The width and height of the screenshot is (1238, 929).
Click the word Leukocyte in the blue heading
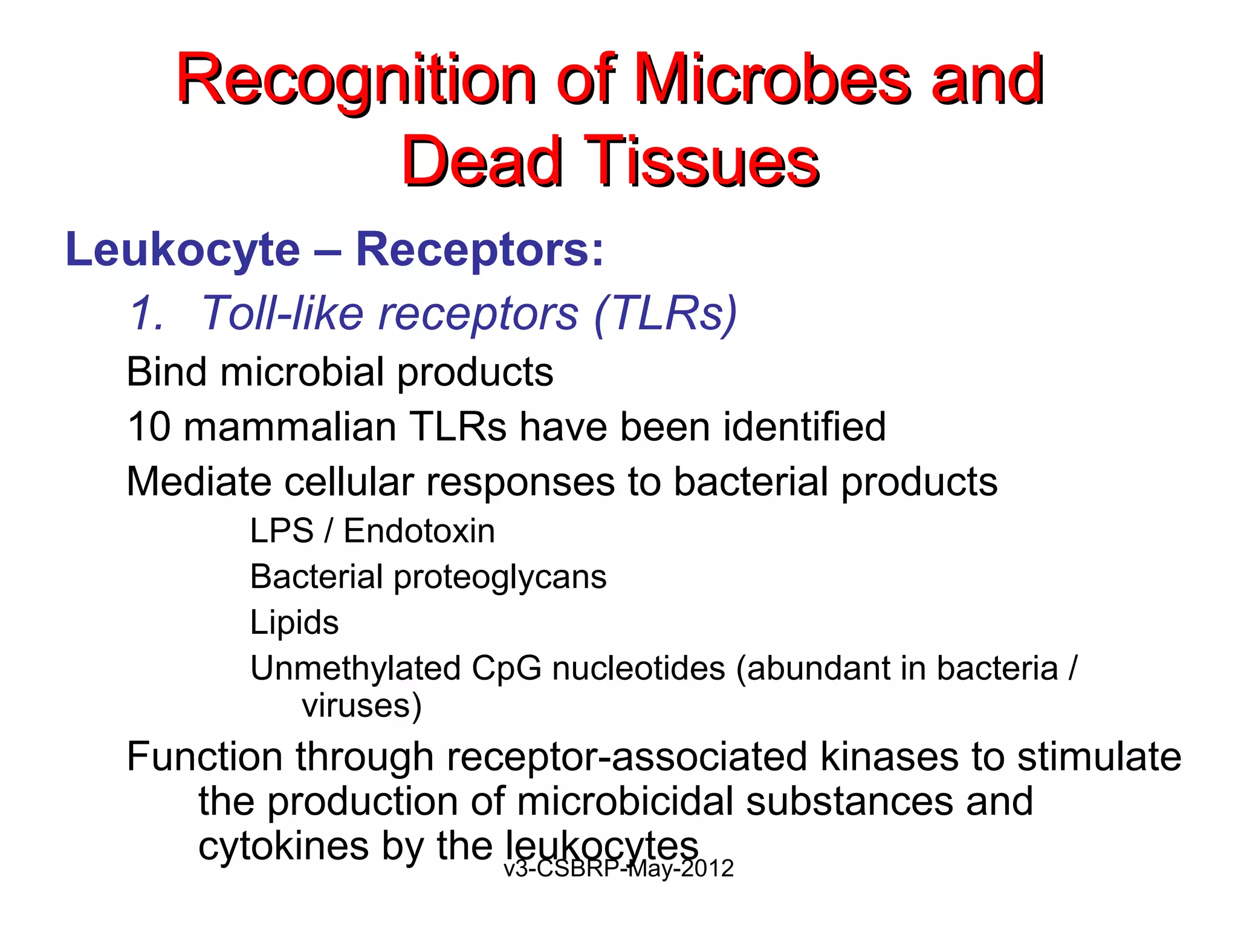click(x=183, y=250)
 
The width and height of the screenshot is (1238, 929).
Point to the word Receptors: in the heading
click(x=479, y=250)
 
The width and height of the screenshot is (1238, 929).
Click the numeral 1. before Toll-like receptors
click(x=147, y=313)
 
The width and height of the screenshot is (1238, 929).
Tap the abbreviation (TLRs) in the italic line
click(x=666, y=313)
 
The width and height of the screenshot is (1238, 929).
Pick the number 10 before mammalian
click(x=149, y=426)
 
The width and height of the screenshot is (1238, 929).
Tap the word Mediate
click(x=198, y=481)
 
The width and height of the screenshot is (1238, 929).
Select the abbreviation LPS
click(x=282, y=531)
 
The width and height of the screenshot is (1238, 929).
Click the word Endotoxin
click(x=419, y=531)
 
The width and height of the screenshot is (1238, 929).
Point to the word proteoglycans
click(x=500, y=577)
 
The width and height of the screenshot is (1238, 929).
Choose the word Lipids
click(x=294, y=622)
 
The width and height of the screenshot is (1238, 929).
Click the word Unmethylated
click(x=356, y=668)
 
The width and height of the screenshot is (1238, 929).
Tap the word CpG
click(x=507, y=668)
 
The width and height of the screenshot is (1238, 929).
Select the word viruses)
click(x=361, y=705)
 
